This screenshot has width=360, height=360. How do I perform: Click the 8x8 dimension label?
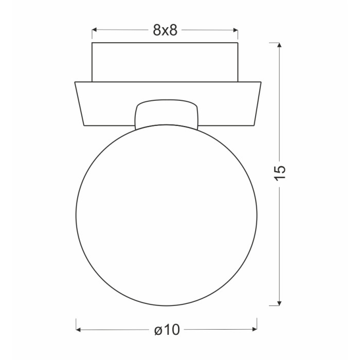click(x=165, y=30)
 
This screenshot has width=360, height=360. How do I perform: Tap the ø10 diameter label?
click(x=167, y=330)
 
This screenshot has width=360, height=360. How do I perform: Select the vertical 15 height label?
click(x=280, y=172)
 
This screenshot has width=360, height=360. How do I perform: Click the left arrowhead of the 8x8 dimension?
click(x=94, y=30)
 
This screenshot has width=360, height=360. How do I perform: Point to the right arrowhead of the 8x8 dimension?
click(x=236, y=30)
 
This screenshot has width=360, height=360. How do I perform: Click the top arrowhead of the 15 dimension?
click(x=279, y=45)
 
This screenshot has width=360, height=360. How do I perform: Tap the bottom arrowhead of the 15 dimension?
click(x=279, y=303)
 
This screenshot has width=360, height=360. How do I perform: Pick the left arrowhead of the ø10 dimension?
click(x=78, y=330)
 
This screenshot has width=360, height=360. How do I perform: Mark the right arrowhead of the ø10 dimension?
click(x=255, y=330)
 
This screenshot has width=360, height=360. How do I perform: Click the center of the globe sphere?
click(x=167, y=215)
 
